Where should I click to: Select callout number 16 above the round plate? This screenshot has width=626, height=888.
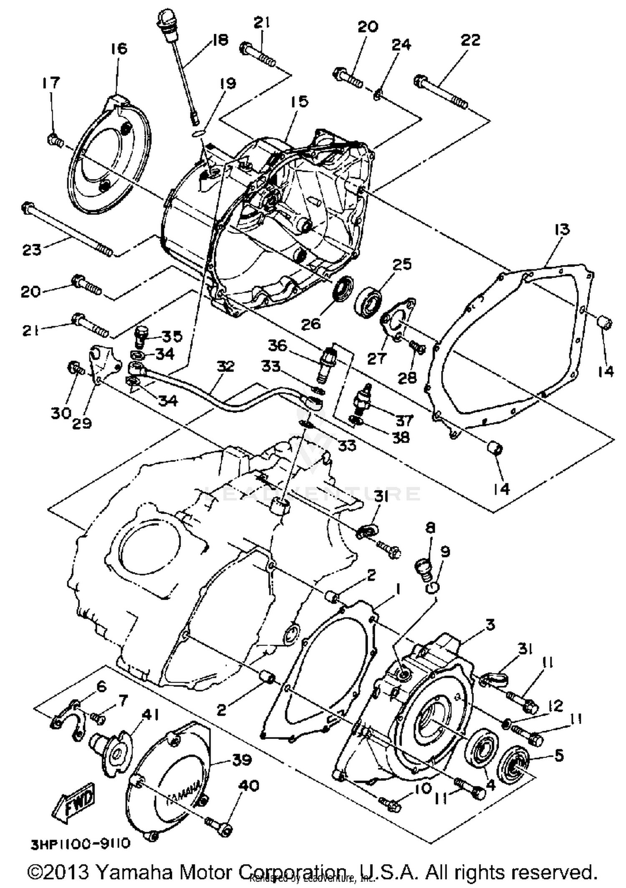tap(119, 48)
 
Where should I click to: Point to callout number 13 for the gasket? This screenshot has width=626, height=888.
tap(562, 229)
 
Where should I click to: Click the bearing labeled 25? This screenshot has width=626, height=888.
tap(368, 300)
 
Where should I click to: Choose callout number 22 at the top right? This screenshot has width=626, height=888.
tap(470, 40)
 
